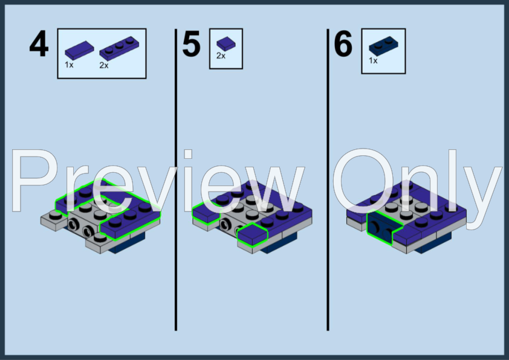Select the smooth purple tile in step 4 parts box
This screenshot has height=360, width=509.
[x=80, y=50]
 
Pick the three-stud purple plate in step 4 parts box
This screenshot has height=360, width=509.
[x=119, y=48]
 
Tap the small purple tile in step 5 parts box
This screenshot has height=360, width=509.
[x=226, y=43]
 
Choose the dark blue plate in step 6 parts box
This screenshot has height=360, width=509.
[x=383, y=47]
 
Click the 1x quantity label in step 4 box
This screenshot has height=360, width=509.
[x=69, y=65]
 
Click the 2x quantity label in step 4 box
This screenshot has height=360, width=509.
[x=104, y=65]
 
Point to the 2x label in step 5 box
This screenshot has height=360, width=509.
[x=221, y=56]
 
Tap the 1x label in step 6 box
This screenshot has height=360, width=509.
[x=373, y=60]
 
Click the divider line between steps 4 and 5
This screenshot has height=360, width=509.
[x=176, y=179]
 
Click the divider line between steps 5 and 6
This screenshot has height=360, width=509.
[x=328, y=179]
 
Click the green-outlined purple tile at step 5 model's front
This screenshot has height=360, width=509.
[x=253, y=234]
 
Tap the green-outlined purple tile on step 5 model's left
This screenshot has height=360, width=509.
[x=206, y=213]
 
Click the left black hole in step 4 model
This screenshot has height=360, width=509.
[x=74, y=224]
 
